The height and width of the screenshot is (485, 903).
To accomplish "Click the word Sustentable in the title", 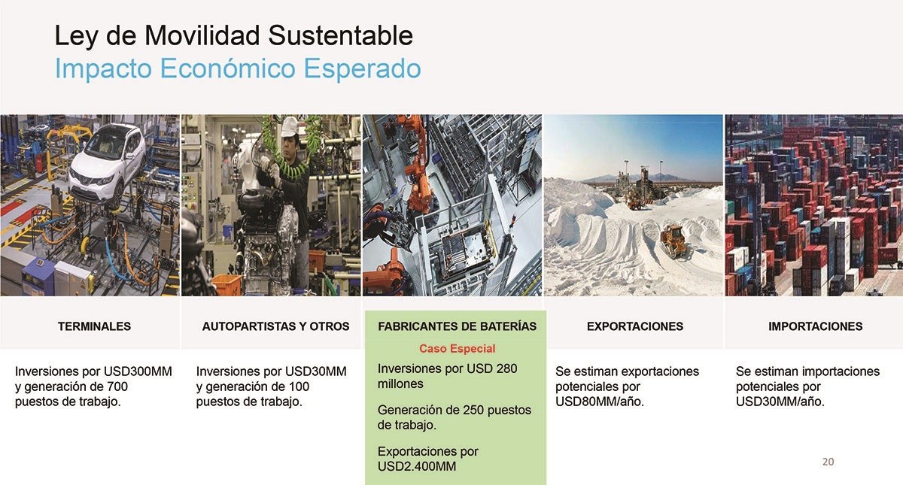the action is pyautogui.click(x=340, y=35).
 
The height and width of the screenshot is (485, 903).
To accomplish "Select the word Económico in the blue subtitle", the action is pyautogui.click(x=228, y=68).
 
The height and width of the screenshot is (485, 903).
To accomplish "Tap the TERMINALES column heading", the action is pyautogui.click(x=94, y=326).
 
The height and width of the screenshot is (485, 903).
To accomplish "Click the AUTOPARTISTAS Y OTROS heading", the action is pyautogui.click(x=275, y=326).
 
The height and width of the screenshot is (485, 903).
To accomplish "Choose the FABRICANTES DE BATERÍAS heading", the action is pyautogui.click(x=458, y=326).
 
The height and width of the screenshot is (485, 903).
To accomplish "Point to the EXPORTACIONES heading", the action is pyautogui.click(x=635, y=326).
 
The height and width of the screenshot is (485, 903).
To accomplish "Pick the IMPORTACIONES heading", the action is pyautogui.click(x=815, y=326).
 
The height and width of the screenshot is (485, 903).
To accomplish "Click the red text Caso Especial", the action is pyautogui.click(x=458, y=348).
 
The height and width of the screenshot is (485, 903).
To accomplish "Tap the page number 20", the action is pyautogui.click(x=828, y=462).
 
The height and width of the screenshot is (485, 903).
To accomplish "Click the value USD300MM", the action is pyautogui.click(x=138, y=371).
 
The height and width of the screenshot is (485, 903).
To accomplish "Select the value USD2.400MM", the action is pyautogui.click(x=417, y=466).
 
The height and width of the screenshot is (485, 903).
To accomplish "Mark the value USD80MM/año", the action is pyautogui.click(x=600, y=402).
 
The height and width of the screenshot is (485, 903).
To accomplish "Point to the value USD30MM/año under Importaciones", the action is pyautogui.click(x=780, y=402).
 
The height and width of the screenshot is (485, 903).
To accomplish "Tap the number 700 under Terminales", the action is pyautogui.click(x=117, y=386).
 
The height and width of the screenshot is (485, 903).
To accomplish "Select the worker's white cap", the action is pyautogui.click(x=290, y=126).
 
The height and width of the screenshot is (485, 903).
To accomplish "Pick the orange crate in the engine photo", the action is pyautogui.click(x=227, y=284).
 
